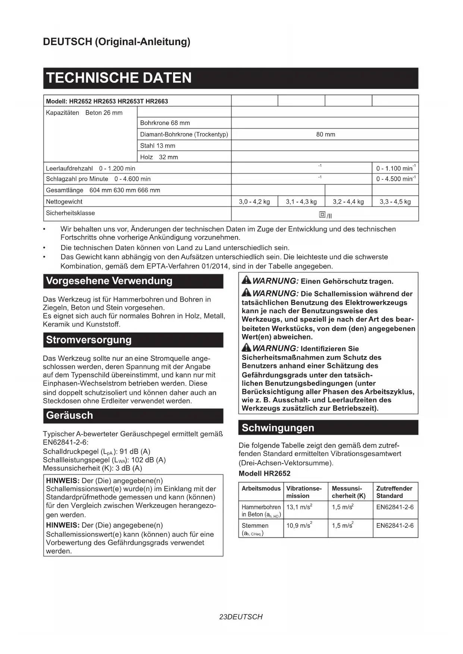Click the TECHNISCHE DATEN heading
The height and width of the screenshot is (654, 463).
(119, 78)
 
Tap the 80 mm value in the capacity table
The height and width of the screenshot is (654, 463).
(325, 134)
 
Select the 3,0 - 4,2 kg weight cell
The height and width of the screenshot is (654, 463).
(254, 202)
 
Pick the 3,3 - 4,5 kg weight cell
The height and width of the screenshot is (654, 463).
(395, 202)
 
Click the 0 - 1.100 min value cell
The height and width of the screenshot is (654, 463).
(395, 168)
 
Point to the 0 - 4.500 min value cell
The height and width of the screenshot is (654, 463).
(395, 179)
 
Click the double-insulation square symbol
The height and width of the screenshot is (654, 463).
(322, 214)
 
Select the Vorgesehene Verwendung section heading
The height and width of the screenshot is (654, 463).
(109, 281)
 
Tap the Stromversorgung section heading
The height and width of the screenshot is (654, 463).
(89, 340)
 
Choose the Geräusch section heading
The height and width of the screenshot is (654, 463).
(69, 415)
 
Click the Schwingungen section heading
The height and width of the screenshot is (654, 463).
(278, 428)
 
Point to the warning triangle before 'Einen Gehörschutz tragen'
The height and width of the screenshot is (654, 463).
(246, 280)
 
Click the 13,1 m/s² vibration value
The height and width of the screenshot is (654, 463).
(299, 507)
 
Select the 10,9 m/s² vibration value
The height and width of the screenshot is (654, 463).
(299, 525)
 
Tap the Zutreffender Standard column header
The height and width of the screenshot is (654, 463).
(394, 492)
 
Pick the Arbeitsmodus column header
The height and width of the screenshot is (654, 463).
(261, 488)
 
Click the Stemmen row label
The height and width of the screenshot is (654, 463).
(255, 525)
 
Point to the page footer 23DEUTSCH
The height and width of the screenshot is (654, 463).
(241, 617)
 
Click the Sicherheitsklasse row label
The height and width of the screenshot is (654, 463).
(70, 213)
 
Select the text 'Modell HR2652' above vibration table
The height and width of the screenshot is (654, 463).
(264, 474)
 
